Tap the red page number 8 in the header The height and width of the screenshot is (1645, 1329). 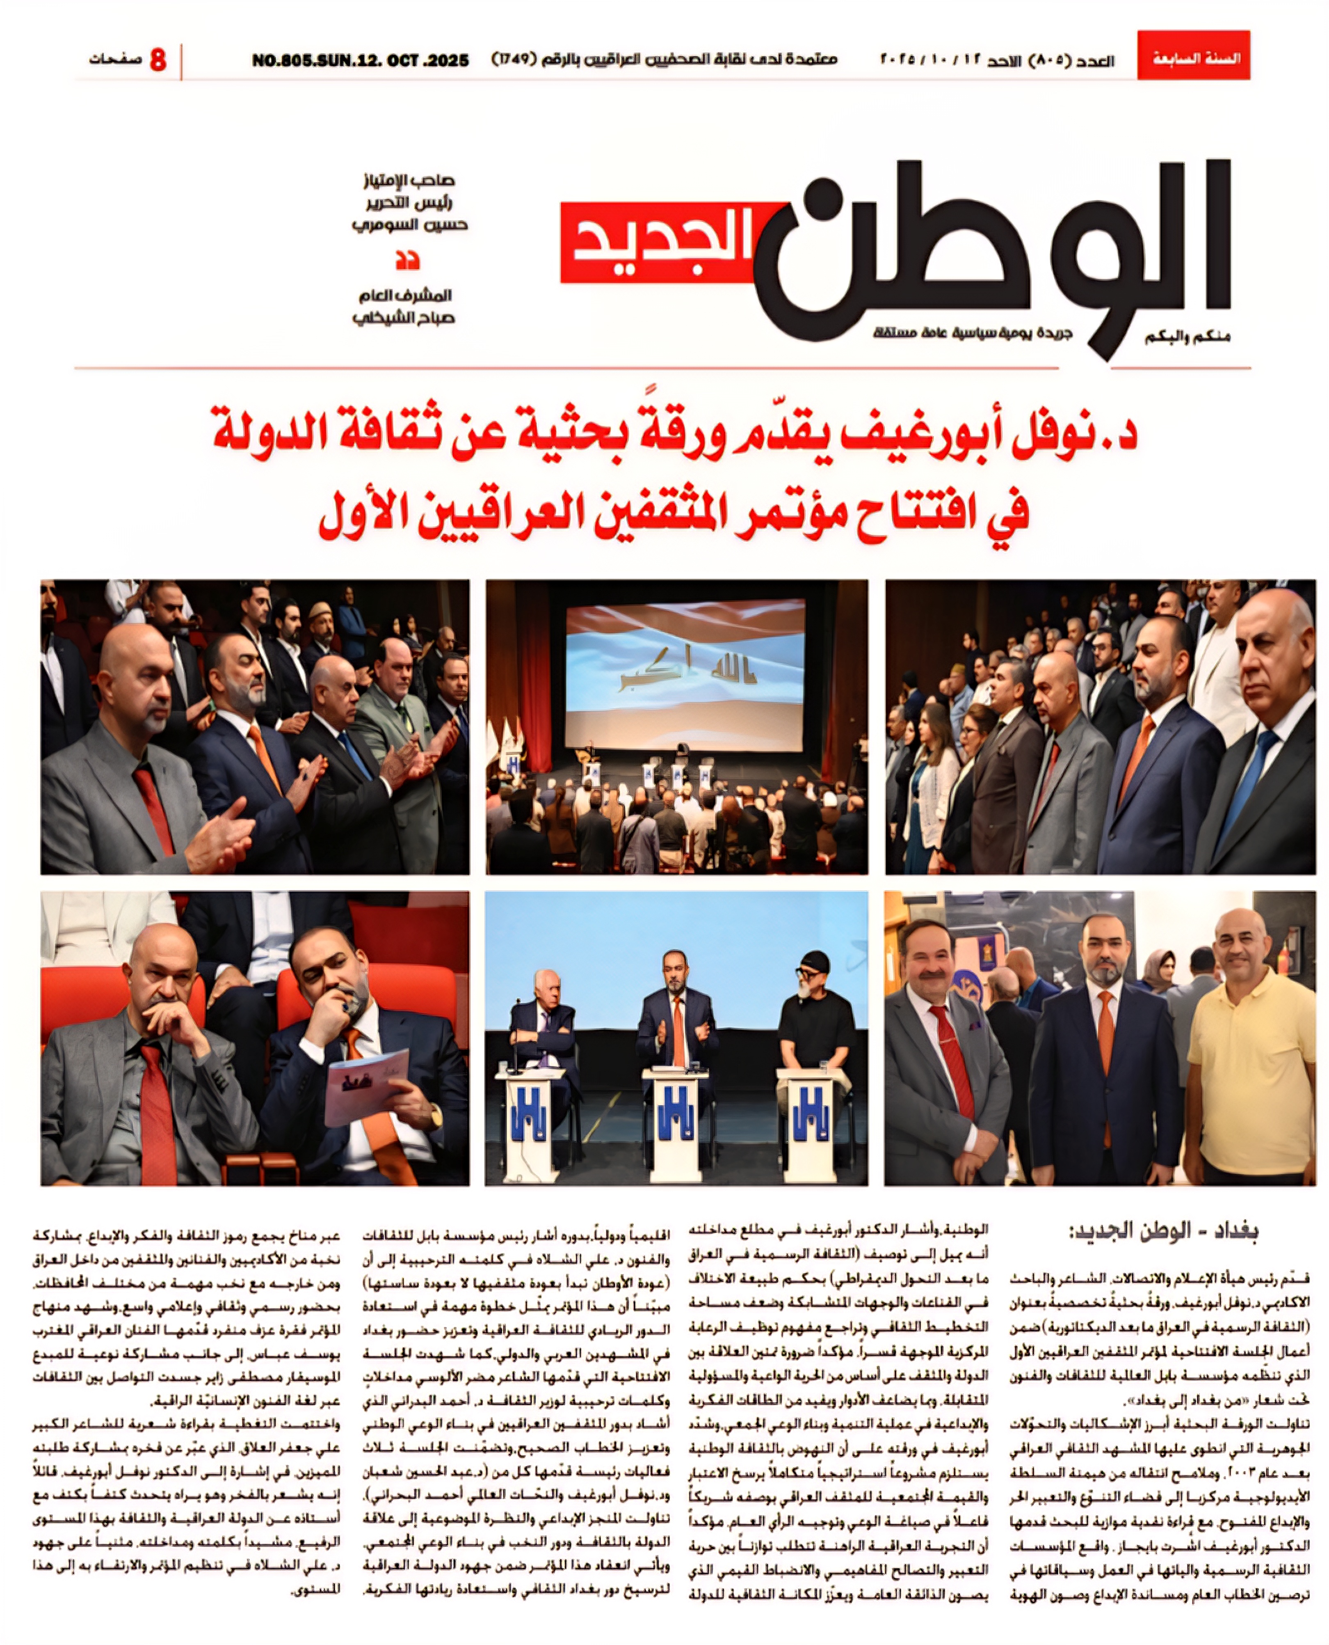(158, 59)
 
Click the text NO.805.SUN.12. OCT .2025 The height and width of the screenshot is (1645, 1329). (360, 60)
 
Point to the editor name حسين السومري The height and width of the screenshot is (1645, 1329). (410, 225)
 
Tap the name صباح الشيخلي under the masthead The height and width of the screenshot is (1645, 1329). (404, 318)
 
